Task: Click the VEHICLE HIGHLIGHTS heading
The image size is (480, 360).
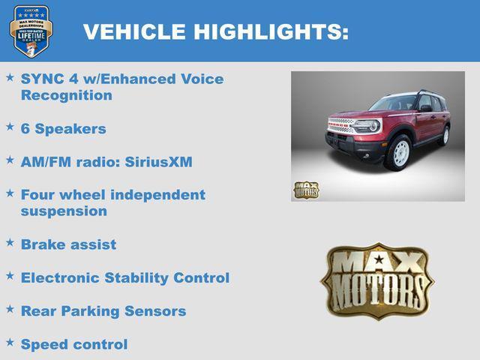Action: [x=215, y=31]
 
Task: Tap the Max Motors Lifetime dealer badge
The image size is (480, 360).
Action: [x=30, y=31]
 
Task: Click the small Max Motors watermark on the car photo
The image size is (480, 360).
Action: [x=305, y=190]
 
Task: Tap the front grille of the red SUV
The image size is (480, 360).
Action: [x=342, y=125]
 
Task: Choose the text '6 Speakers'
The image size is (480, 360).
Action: [x=64, y=128]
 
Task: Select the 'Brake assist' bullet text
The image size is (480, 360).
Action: [x=68, y=244]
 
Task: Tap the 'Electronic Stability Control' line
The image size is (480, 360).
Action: [x=124, y=277]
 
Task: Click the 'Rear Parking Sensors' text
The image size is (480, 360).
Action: [x=103, y=310]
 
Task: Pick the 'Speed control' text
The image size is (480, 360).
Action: [x=73, y=344]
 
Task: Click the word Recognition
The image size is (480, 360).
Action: [x=67, y=95]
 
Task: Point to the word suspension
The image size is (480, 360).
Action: [x=64, y=211]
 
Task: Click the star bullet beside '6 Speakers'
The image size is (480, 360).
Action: [x=10, y=127]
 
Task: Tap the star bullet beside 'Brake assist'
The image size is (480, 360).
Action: [x=10, y=243]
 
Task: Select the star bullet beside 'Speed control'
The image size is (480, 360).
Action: [x=10, y=343]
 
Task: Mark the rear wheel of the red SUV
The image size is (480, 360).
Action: [x=445, y=136]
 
